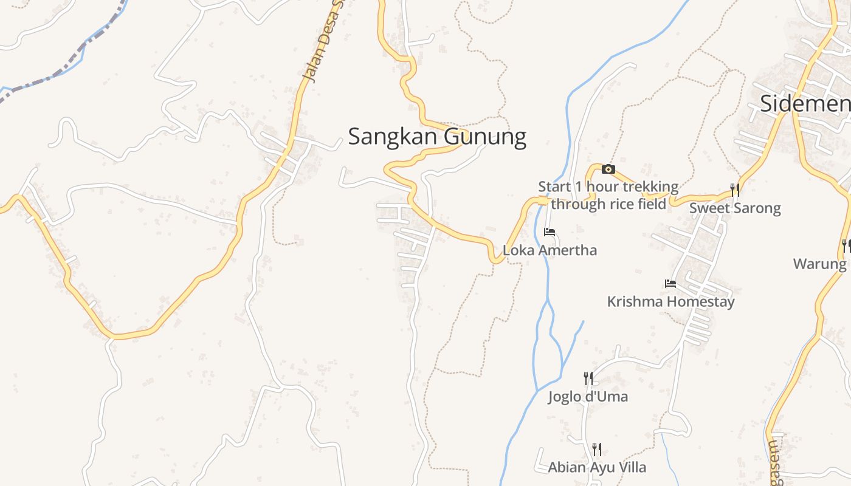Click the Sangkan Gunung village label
point(437,137)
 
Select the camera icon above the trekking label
point(608,169)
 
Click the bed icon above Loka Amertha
point(550,231)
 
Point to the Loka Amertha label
point(550,250)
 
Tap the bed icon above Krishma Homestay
point(670,283)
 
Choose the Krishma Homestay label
point(670,301)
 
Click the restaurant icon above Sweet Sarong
point(735,190)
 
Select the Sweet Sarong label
point(734,208)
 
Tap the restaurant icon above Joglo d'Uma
point(588,378)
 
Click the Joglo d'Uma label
point(588,397)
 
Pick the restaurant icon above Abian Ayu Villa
point(597,449)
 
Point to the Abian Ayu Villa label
point(597,467)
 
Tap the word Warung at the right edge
point(819,264)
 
